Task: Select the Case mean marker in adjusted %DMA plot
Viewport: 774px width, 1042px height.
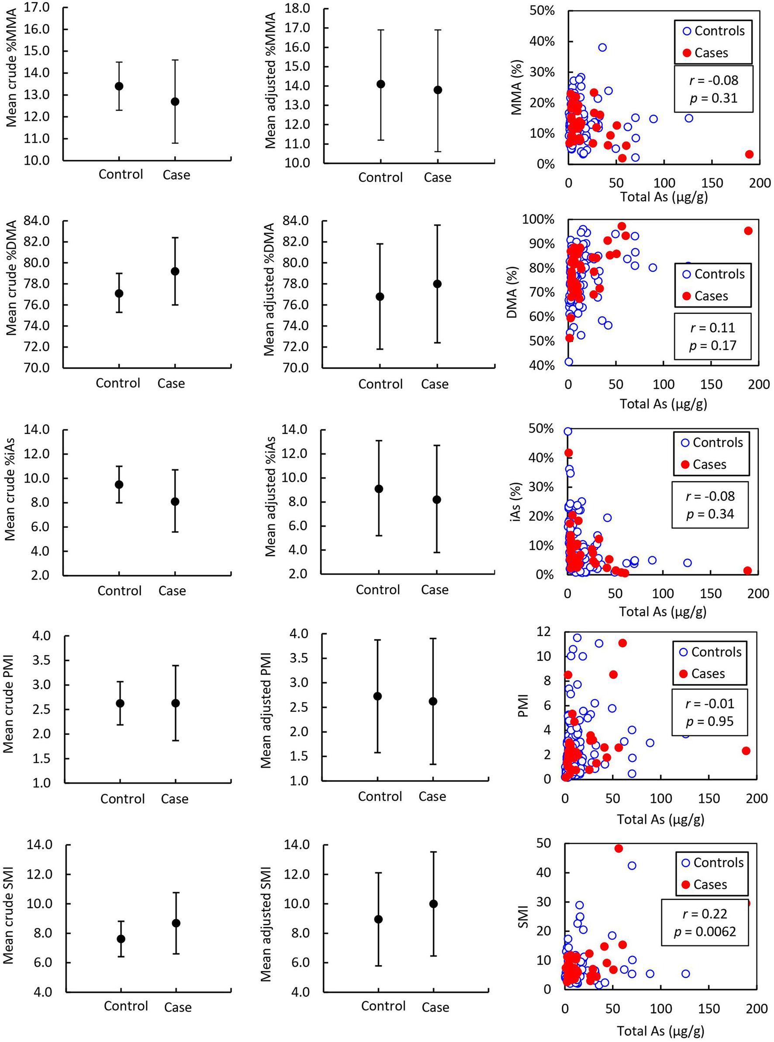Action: click(437, 284)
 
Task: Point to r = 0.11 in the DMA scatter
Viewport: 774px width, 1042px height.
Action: click(712, 328)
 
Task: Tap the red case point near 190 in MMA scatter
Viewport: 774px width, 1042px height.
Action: click(749, 154)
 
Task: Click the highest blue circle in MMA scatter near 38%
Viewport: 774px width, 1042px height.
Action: click(602, 47)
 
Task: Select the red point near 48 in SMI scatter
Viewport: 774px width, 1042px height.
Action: click(619, 849)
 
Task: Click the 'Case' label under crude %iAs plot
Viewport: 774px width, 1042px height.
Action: click(172, 591)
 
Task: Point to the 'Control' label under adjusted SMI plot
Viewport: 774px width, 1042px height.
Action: click(383, 1006)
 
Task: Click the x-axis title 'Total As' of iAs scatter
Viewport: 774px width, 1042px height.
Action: click(662, 611)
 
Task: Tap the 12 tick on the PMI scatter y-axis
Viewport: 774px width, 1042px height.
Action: click(544, 631)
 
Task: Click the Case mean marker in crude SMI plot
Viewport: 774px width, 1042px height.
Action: click(176, 923)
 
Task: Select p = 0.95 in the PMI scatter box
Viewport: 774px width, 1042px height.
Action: click(709, 721)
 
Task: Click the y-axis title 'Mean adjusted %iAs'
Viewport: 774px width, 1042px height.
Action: click(270, 497)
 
